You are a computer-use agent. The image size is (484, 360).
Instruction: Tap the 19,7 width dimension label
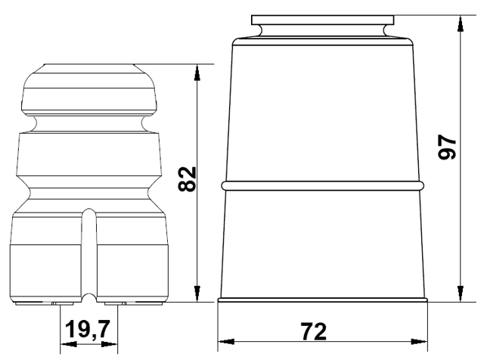(88, 330)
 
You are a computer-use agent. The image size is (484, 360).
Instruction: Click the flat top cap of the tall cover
(323, 17)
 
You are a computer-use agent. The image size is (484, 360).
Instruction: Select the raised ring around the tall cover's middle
(323, 185)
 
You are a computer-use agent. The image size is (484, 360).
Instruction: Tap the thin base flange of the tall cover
(323, 300)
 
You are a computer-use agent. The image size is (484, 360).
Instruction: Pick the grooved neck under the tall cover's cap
(323, 29)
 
